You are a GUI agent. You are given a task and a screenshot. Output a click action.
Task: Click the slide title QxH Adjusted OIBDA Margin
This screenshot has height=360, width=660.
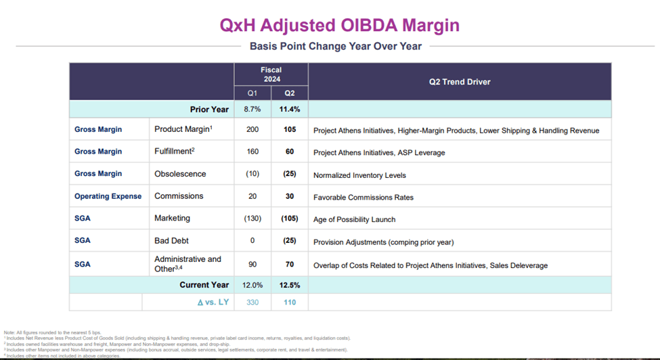pyautogui.click(x=339, y=25)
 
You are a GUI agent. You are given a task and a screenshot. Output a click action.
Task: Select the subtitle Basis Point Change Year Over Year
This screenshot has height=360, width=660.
pyautogui.click(x=336, y=47)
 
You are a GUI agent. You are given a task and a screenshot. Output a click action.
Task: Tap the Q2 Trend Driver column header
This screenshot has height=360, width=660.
pyautogui.click(x=460, y=82)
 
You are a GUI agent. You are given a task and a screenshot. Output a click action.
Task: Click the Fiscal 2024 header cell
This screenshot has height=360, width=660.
pyautogui.click(x=271, y=74)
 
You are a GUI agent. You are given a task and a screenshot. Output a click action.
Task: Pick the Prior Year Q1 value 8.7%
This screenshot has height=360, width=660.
pyautogui.click(x=252, y=110)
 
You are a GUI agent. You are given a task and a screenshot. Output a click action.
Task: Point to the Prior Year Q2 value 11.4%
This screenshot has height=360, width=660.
pyautogui.click(x=289, y=110)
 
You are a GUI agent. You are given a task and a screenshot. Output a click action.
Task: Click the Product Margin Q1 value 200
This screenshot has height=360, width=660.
pyautogui.click(x=252, y=130)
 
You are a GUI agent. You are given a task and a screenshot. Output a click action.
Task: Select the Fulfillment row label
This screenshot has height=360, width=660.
pyautogui.click(x=175, y=152)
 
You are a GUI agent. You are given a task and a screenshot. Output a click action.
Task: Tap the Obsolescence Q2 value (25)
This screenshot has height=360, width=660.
pyautogui.click(x=289, y=174)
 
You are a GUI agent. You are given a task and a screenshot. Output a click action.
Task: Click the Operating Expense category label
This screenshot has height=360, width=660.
pyautogui.click(x=108, y=196)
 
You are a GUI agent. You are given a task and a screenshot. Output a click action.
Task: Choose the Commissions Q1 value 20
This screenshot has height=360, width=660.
pyautogui.click(x=252, y=196)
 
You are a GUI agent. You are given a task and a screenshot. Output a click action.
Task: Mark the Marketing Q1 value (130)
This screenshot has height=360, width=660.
pyautogui.click(x=252, y=219)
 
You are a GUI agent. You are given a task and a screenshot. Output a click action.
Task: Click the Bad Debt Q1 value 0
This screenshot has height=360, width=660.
pyautogui.click(x=252, y=241)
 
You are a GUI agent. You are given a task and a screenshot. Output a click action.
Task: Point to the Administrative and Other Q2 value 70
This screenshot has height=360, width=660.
pyautogui.click(x=289, y=263)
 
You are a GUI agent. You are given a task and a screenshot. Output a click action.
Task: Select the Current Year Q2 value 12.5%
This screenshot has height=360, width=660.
pyautogui.click(x=289, y=285)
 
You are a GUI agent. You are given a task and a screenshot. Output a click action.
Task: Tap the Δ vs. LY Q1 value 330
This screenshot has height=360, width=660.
pyautogui.click(x=252, y=302)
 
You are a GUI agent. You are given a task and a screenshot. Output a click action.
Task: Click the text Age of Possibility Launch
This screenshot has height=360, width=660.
pyautogui.click(x=354, y=219)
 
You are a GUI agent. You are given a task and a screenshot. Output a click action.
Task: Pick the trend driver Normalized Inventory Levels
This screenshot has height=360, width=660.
pyautogui.click(x=359, y=175)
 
